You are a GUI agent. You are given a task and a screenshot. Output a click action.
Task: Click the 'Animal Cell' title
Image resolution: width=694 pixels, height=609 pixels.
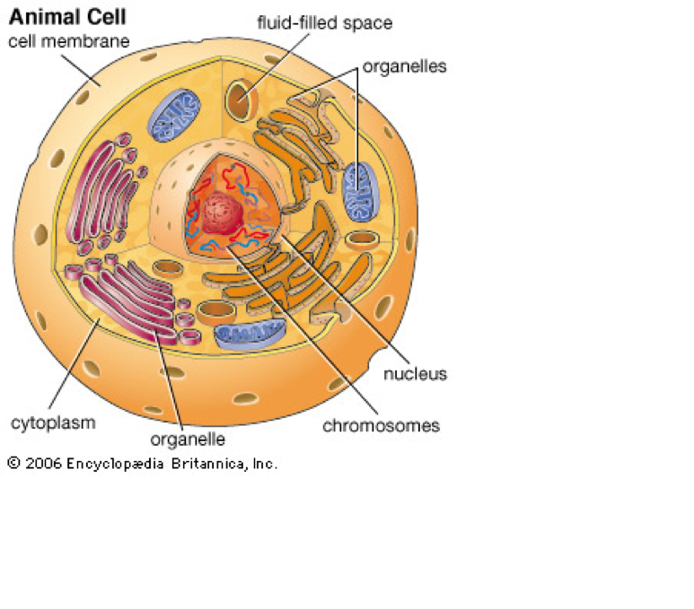click(x=67, y=17)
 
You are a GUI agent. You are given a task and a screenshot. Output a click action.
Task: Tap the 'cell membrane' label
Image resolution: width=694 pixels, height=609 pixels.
click(x=68, y=40)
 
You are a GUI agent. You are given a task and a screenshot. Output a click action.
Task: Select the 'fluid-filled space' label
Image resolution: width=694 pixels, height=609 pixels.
click(x=324, y=22)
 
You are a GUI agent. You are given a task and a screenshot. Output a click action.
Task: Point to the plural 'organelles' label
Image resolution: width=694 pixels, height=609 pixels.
click(x=404, y=66)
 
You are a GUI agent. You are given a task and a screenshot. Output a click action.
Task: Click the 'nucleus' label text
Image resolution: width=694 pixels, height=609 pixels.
click(x=415, y=373)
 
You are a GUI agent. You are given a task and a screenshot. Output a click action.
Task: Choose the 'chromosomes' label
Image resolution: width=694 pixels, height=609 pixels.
click(x=382, y=425)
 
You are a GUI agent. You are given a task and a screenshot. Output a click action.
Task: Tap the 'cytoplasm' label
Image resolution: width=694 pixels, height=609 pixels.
click(x=52, y=422)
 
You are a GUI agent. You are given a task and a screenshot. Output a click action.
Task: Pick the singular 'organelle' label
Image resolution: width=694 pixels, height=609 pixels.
click(x=187, y=439)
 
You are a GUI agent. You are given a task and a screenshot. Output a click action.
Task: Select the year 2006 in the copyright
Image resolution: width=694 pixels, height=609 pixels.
click(x=43, y=464)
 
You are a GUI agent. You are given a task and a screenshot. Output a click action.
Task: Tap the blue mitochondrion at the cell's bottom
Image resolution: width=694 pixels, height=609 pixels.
click(x=249, y=334)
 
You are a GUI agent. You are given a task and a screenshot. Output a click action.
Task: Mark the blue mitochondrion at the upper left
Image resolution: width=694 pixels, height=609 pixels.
click(x=175, y=117)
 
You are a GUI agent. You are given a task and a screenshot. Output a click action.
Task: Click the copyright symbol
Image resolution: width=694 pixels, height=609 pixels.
click(x=13, y=464)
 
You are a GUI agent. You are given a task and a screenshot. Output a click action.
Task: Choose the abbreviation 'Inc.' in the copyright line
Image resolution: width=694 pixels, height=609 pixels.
click(x=262, y=464)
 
